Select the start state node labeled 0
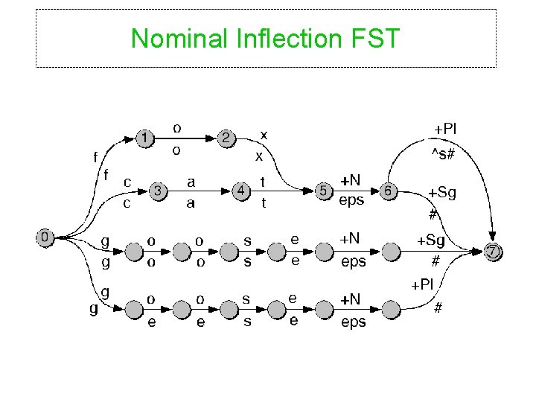[46, 237]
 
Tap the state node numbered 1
[147, 138]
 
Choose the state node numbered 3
[158, 191]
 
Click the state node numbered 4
[240, 191]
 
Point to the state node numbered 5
[324, 191]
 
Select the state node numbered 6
[387, 191]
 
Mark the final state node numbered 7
[494, 251]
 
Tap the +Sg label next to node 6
[442, 194]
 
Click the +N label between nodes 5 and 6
[351, 181]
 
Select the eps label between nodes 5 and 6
[351, 200]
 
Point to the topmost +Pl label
[446, 129]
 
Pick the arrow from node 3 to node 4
[199, 191]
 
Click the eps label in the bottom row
[354, 322]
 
